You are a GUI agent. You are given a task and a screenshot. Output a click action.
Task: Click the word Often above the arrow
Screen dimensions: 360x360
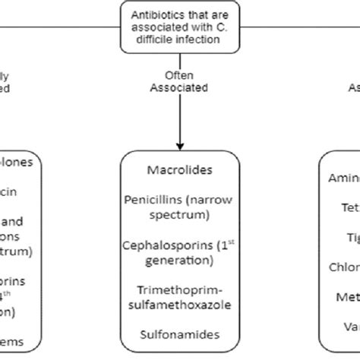point(179,76)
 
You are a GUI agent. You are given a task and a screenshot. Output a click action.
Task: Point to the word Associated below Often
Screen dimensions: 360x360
point(179,87)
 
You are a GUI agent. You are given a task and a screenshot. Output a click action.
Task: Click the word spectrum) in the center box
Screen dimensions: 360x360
point(179,216)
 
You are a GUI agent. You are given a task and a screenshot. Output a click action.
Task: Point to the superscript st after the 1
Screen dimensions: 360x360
point(232,242)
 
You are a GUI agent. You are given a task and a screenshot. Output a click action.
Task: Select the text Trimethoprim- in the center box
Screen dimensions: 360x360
point(179,290)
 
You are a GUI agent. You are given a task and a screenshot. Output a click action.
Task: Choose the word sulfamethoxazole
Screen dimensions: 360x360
point(179,305)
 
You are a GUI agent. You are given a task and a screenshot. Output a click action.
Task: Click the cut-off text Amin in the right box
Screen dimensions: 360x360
point(343,177)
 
